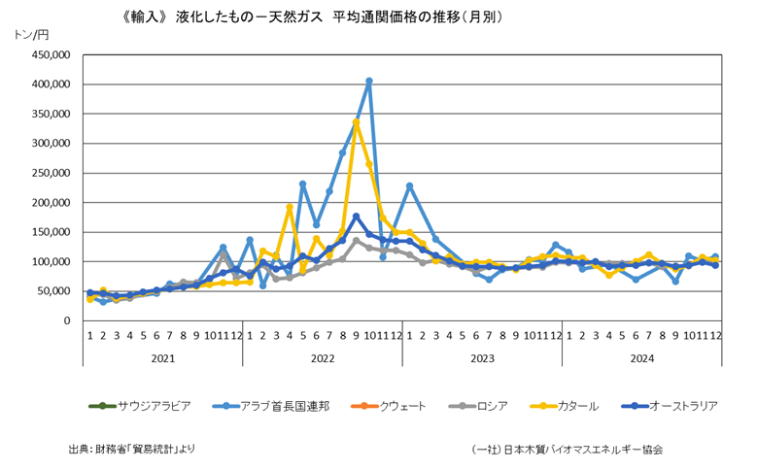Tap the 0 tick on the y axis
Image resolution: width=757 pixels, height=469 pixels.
point(65,320)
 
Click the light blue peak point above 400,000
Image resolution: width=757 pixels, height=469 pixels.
point(369,82)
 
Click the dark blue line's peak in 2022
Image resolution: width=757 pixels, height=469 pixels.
point(356,217)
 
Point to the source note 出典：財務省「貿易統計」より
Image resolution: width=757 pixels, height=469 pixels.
point(132,449)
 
